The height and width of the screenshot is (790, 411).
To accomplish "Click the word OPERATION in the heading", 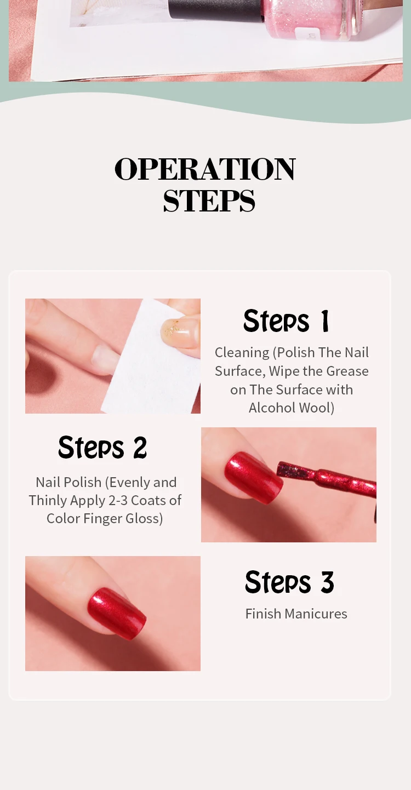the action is click(205, 169).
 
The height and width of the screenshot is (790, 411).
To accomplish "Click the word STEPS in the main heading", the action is click(209, 201).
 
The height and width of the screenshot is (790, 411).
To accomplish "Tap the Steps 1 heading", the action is click(286, 321).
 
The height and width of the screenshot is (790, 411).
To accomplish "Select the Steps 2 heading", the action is click(102, 448).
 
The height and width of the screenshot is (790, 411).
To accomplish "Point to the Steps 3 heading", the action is click(289, 582).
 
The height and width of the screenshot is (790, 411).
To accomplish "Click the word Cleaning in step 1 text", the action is click(242, 352).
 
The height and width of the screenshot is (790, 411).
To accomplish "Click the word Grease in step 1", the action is click(347, 371).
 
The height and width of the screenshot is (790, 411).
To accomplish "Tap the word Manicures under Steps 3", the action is click(316, 614).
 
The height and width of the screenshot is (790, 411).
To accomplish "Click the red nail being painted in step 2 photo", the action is click(253, 477).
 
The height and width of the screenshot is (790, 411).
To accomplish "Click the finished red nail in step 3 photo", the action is click(116, 613).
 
